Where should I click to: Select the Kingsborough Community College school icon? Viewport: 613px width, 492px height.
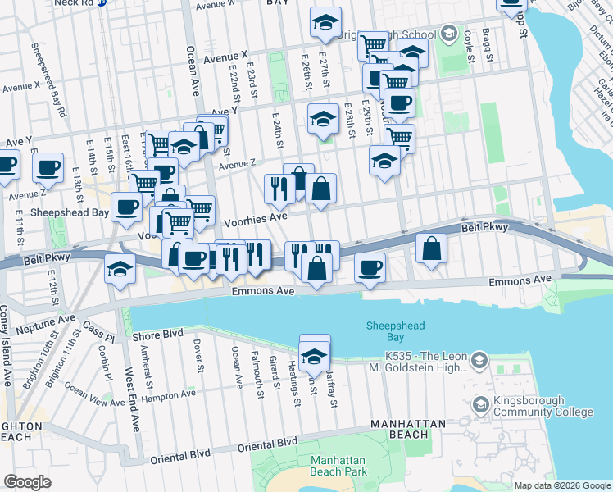(x=480, y=404)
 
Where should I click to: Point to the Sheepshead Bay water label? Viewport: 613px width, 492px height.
(x=395, y=331)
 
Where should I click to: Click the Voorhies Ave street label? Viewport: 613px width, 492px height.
(x=256, y=218)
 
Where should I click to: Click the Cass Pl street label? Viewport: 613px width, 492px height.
(x=96, y=333)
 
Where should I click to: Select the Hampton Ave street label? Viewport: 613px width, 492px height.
(x=169, y=394)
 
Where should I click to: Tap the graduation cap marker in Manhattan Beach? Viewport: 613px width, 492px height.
(x=313, y=358)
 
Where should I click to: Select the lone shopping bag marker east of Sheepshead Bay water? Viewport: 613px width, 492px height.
(x=431, y=248)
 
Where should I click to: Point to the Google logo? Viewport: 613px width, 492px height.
(x=28, y=482)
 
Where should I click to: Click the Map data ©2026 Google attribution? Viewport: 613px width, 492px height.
(x=562, y=485)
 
